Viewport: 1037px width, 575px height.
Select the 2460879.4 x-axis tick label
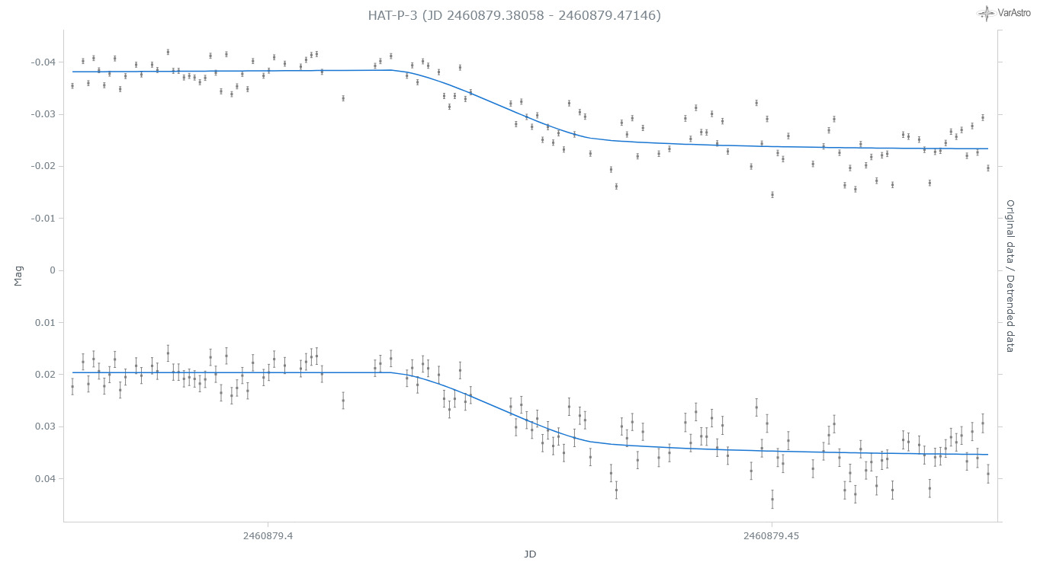pyautogui.click(x=268, y=536)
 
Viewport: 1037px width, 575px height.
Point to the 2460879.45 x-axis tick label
pyautogui.click(x=772, y=536)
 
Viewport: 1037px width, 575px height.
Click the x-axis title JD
pyautogui.click(x=530, y=554)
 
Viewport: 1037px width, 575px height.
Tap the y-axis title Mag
pyautogui.click(x=18, y=275)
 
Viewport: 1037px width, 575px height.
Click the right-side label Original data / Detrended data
pyautogui.click(x=1010, y=276)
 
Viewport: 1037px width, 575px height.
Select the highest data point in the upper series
pyautogui.click(x=168, y=52)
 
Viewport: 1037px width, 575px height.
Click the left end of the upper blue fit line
pyautogui.click(x=72, y=72)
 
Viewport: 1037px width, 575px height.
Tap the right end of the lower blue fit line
pyautogui.click(x=988, y=455)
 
